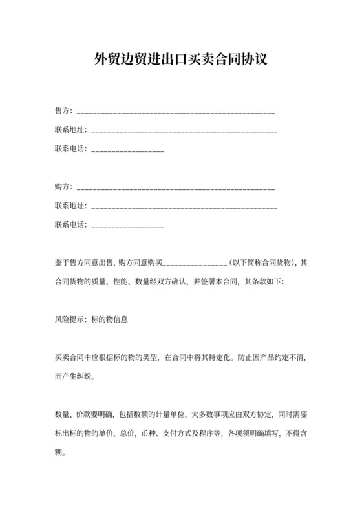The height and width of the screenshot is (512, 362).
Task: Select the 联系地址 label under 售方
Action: (x=71, y=131)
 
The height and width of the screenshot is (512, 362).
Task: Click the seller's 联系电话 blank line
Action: (x=128, y=151)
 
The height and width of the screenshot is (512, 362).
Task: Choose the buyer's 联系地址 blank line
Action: (x=185, y=208)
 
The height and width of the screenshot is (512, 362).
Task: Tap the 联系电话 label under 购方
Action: (x=71, y=225)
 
